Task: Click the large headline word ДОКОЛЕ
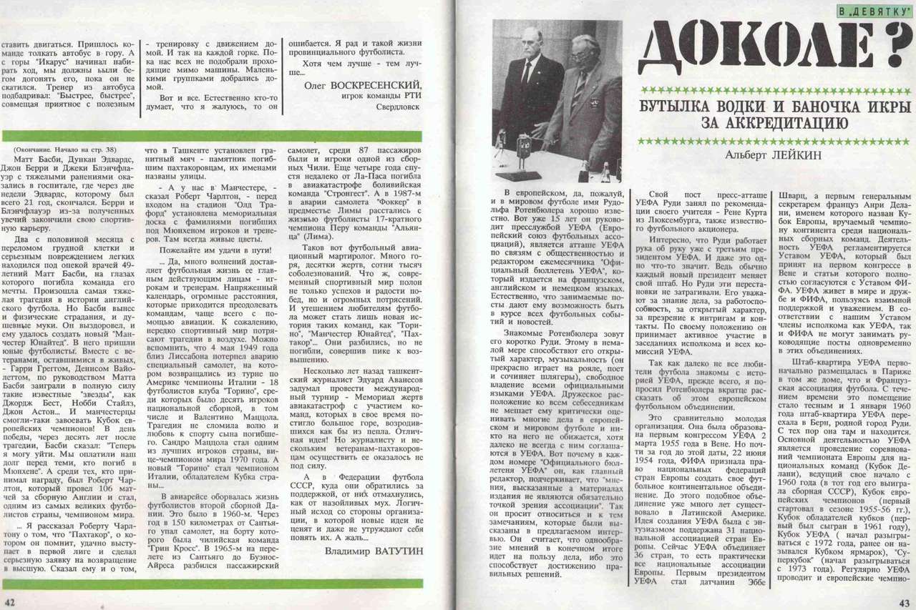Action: tap(751, 46)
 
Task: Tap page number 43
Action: tap(905, 602)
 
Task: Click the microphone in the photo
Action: tap(501, 134)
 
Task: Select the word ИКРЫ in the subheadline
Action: tap(886, 107)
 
